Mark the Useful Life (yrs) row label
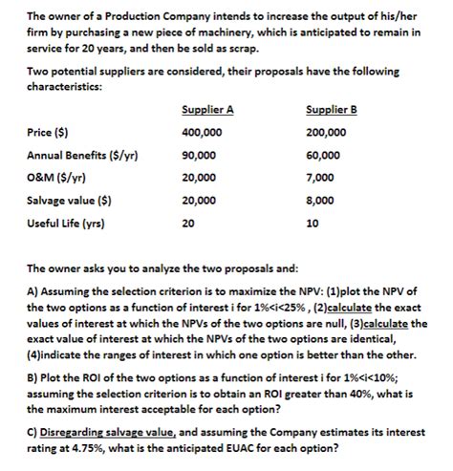point(66,225)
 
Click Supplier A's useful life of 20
point(187,225)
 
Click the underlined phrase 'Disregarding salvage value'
point(105,430)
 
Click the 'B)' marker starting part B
point(32,367)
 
